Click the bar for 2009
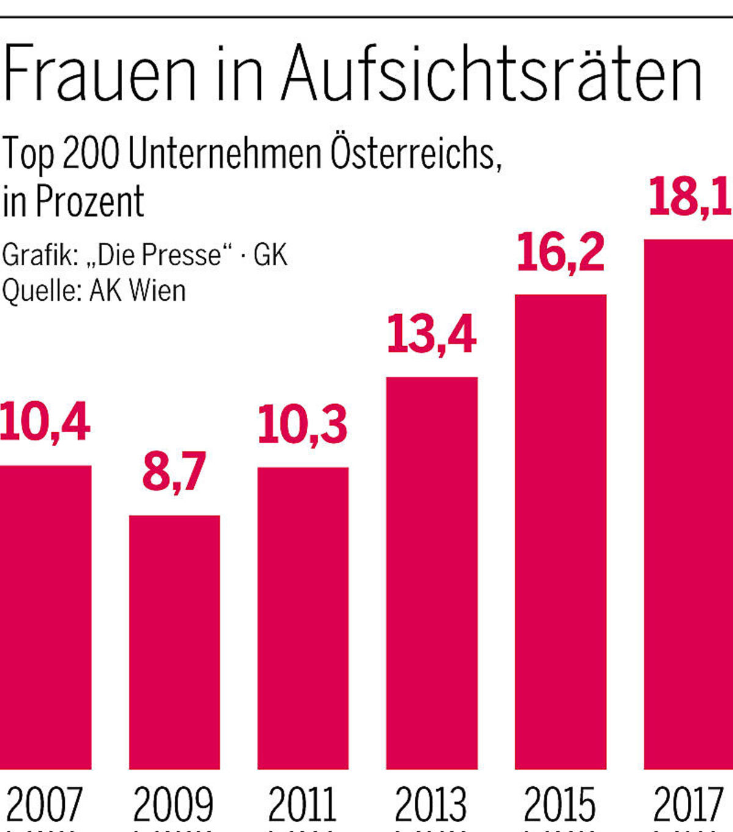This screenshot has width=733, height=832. point(174,642)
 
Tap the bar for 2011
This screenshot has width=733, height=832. point(303,617)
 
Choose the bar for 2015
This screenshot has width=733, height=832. point(561,532)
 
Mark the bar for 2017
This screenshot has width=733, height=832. point(689,504)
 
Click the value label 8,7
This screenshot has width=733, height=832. point(174,471)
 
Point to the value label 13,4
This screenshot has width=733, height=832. point(431,335)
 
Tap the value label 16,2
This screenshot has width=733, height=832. point(560,252)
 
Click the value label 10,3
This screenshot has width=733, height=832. point(302,425)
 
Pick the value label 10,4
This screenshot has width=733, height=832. point(45,422)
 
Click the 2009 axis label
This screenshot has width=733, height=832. point(173,805)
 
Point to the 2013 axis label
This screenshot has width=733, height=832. point(431,805)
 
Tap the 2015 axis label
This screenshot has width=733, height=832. point(560,805)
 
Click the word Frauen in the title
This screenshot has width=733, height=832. point(100,74)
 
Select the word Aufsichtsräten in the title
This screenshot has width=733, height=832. point(492,74)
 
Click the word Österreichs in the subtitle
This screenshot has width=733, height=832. point(415,153)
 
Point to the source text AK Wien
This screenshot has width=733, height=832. point(137,290)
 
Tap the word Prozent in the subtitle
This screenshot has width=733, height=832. point(90,201)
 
